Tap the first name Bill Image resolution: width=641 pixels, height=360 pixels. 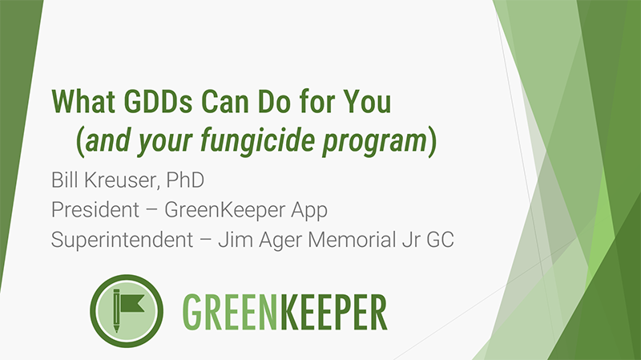pos(67,176)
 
